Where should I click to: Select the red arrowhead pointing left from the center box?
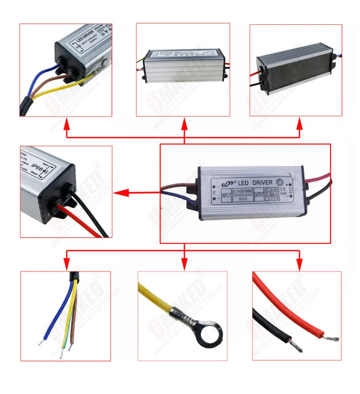(x=119, y=193)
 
